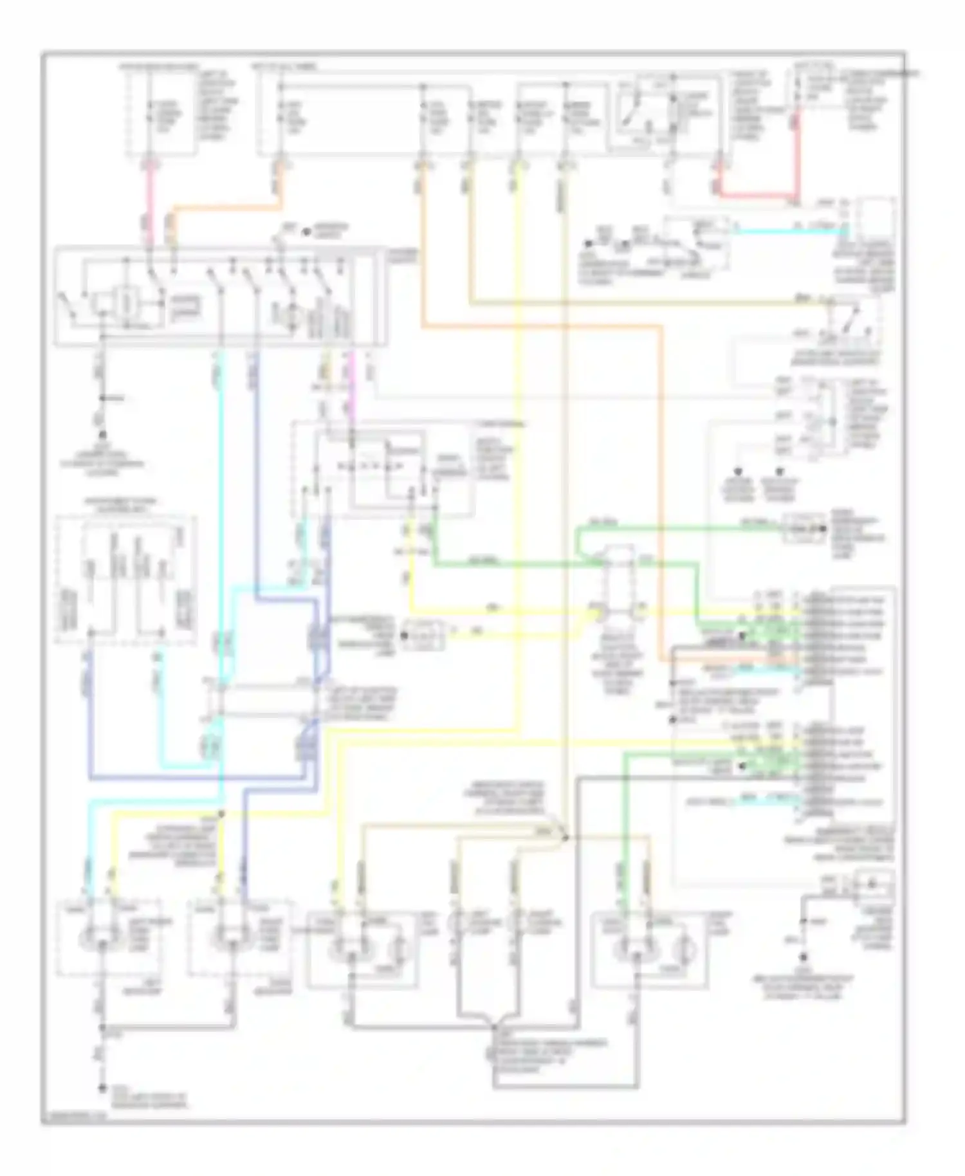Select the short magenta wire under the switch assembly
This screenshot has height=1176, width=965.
click(351, 392)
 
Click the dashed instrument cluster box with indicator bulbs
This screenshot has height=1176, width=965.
click(125, 579)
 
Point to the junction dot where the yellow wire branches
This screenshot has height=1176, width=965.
click(221, 814)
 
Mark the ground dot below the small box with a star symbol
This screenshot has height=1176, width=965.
click(803, 957)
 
